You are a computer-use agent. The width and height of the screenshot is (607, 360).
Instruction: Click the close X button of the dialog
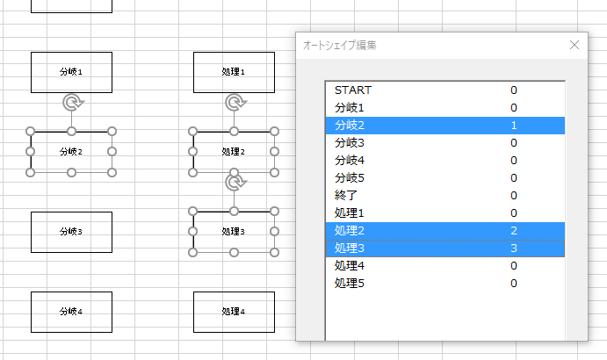(x=574, y=45)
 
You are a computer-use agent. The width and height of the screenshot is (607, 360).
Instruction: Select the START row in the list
(x=353, y=90)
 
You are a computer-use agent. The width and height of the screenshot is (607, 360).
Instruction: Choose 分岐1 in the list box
(x=350, y=108)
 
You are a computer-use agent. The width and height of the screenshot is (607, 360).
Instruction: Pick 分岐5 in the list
(x=350, y=178)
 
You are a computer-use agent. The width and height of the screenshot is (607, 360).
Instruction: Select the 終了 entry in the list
(x=346, y=196)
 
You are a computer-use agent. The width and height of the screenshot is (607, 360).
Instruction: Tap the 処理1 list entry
(x=350, y=212)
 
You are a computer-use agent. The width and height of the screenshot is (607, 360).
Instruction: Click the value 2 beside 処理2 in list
(x=514, y=231)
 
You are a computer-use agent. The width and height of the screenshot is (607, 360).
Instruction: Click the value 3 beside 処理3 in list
(x=514, y=248)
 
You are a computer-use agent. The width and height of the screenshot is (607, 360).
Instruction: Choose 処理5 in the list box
(x=350, y=284)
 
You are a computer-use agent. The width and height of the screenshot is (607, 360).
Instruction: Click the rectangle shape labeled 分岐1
(x=72, y=72)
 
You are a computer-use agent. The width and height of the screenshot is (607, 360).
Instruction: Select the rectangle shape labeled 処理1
(x=234, y=72)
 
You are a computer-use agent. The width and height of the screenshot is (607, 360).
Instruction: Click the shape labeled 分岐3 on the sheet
(x=72, y=233)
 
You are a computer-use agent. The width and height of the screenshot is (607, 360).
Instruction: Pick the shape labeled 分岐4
(x=72, y=312)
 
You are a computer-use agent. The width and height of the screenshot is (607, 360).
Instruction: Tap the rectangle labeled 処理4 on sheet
(x=234, y=312)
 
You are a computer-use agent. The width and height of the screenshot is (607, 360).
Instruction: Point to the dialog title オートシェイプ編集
(x=339, y=46)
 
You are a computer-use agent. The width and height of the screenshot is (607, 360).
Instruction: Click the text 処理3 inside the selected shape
(x=233, y=232)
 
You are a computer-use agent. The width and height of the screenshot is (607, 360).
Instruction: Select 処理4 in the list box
(x=350, y=266)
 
